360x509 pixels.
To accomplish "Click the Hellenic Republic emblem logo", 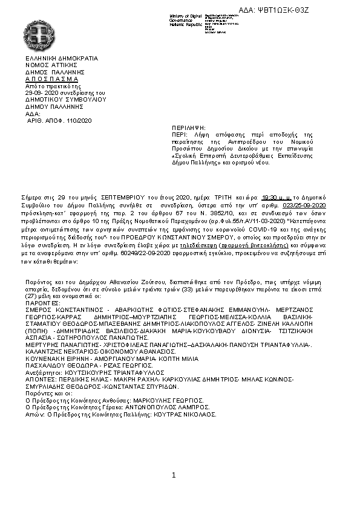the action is pos(38,32).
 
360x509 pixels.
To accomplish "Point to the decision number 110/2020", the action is pos(79,121).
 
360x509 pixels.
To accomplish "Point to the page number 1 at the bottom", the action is pos(174,475).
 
